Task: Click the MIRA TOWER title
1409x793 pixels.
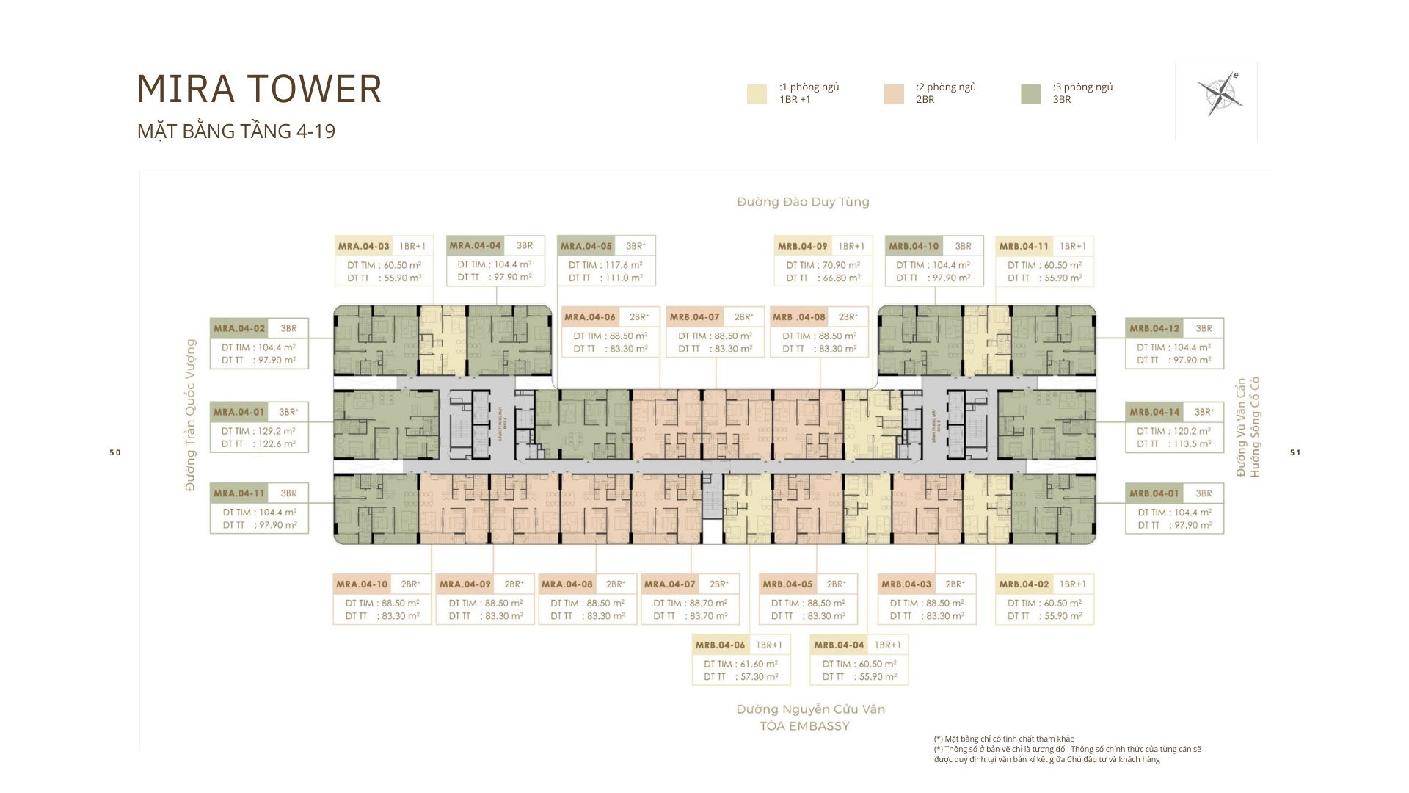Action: [259, 89]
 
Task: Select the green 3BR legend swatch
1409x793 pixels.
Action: [1030, 94]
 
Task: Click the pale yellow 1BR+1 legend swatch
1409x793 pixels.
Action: [757, 94]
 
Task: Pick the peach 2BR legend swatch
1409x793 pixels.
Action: [894, 94]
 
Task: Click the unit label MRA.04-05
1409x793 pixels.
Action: [586, 246]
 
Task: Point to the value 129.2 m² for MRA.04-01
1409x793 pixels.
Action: [276, 431]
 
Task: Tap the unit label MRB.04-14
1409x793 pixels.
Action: [1154, 412]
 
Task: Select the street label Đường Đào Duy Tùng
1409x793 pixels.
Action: [803, 202]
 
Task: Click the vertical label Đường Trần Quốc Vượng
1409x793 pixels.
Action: [191, 415]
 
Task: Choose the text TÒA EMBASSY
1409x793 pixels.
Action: [804, 726]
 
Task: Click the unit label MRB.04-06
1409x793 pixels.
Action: [720, 645]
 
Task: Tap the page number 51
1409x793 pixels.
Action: [1295, 452]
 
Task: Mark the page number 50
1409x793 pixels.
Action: [114, 452]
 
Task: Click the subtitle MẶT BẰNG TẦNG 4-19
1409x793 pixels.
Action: [236, 131]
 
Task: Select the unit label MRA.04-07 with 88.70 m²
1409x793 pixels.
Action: [669, 584]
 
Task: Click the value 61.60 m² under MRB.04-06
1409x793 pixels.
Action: [758, 664]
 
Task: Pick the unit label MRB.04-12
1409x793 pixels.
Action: [1154, 328]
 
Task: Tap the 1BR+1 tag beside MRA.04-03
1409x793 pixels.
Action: [412, 246]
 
